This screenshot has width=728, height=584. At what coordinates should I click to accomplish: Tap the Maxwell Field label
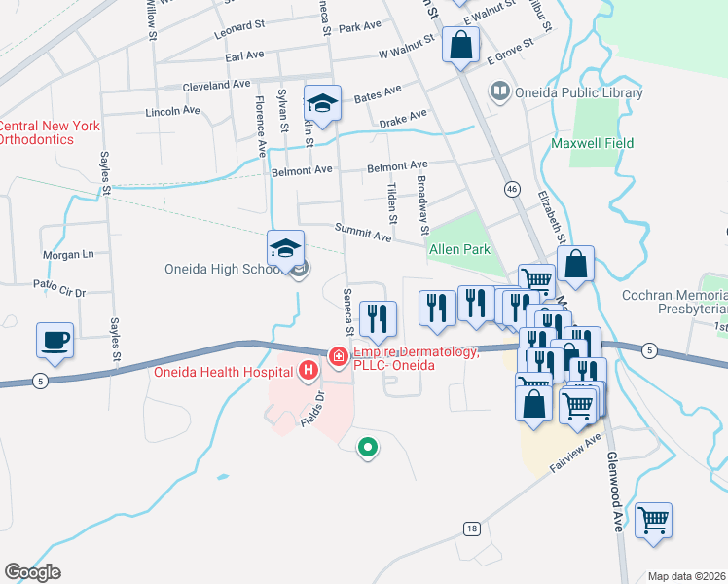[x=592, y=143]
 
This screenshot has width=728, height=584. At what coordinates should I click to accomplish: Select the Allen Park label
[x=458, y=250]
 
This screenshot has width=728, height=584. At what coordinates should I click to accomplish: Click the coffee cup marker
[x=55, y=341]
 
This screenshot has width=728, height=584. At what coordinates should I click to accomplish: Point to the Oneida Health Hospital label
[x=223, y=370]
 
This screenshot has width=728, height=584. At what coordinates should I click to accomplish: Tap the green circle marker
[x=368, y=448]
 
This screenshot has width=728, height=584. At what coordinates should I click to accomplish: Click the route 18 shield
[x=472, y=529]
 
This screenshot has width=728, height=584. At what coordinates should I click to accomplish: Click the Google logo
[x=32, y=572]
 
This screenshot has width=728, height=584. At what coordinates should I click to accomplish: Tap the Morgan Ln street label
[x=67, y=255]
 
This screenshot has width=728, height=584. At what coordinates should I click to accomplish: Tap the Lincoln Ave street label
[x=171, y=111]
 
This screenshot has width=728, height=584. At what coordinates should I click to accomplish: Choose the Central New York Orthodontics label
[x=50, y=132]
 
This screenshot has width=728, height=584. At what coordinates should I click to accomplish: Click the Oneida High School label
[x=220, y=269]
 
